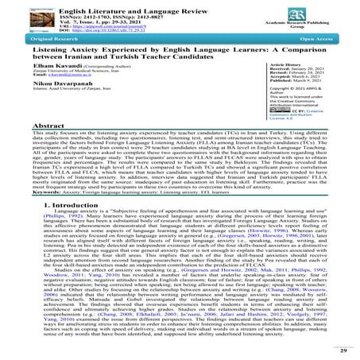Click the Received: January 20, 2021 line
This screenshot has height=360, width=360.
click(307, 96)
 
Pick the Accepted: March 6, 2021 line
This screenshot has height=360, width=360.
click(304, 107)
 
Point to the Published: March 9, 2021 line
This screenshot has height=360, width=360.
click(306, 113)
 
